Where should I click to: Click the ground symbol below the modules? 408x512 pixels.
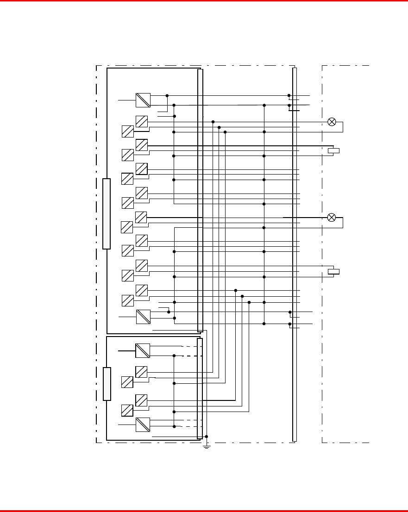(207, 447)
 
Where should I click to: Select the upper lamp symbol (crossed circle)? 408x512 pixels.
(332, 122)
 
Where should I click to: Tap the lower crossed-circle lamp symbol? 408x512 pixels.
(332, 218)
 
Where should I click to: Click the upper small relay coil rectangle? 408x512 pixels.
(333, 150)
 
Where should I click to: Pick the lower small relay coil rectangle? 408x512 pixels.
(333, 271)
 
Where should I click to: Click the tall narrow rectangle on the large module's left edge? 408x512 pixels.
(107, 214)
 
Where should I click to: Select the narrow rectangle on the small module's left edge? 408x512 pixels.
(107, 384)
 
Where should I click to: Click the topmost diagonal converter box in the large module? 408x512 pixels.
(143, 100)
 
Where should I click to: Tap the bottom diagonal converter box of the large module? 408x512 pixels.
(143, 317)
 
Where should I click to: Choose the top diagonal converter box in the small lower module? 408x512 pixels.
(143, 350)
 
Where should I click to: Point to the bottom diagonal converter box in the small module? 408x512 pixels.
(143, 425)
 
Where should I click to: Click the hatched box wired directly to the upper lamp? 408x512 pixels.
(142, 122)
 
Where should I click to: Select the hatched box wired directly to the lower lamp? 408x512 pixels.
(141, 217)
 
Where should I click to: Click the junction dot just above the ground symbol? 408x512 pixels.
(207, 436)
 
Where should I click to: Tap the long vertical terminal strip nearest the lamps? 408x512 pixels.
(295, 255)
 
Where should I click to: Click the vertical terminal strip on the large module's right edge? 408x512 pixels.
(200, 200)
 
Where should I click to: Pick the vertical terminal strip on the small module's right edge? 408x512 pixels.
(200, 388)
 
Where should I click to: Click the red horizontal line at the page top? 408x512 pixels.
(204, 1)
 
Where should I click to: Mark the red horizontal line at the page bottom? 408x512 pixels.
(204, 511)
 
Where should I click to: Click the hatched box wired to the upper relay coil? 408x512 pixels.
(142, 145)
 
